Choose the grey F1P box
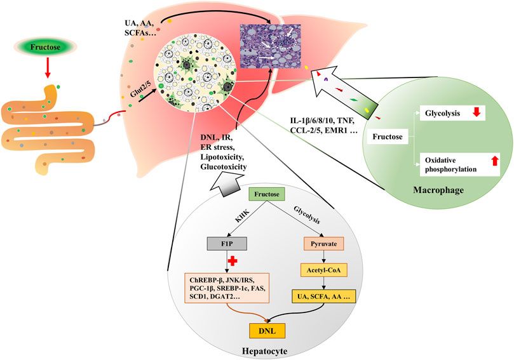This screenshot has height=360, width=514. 226,243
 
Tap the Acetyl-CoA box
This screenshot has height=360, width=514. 323,270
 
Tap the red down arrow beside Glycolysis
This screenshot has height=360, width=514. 478,114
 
